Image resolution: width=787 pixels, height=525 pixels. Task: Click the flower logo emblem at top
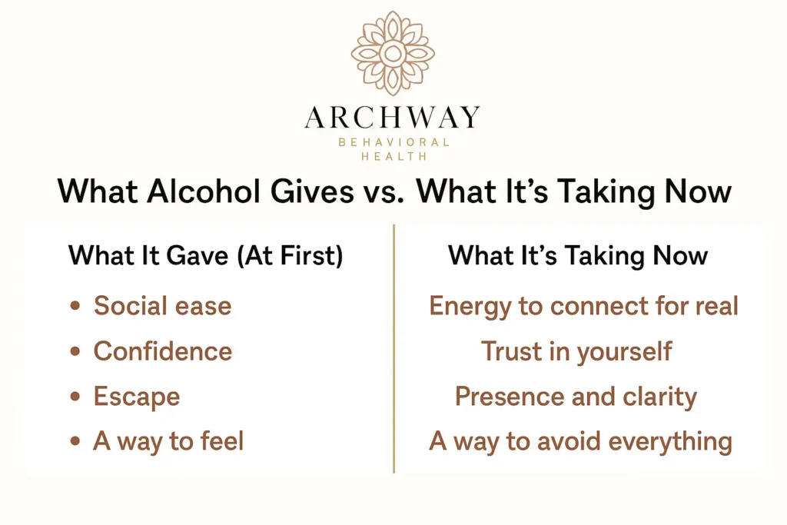pyautogui.click(x=393, y=53)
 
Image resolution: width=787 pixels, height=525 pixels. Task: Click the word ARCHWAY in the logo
pyautogui.click(x=393, y=118)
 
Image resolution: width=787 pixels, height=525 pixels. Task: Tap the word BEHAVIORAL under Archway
pyautogui.click(x=393, y=143)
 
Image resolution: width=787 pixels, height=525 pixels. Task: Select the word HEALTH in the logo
pyautogui.click(x=393, y=157)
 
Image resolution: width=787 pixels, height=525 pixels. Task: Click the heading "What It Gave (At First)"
pyautogui.click(x=206, y=255)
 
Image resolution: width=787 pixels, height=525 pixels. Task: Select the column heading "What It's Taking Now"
pyautogui.click(x=578, y=255)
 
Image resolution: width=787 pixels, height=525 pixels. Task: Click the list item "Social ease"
pyautogui.click(x=162, y=306)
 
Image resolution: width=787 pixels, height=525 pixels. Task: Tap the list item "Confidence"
pyautogui.click(x=163, y=351)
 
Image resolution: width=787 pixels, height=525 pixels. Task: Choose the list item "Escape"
pyautogui.click(x=137, y=397)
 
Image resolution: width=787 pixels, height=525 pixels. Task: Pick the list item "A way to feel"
pyautogui.click(x=168, y=441)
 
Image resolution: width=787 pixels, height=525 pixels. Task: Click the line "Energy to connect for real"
pyautogui.click(x=583, y=306)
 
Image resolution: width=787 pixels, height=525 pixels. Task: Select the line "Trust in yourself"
pyautogui.click(x=576, y=351)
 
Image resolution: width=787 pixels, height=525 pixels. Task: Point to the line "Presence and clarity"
pyautogui.click(x=576, y=397)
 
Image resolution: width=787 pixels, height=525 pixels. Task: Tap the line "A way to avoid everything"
pyautogui.click(x=580, y=441)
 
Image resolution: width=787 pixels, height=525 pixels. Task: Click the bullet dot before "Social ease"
pyautogui.click(x=75, y=307)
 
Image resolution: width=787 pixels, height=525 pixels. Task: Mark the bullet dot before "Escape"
pyautogui.click(x=75, y=397)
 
